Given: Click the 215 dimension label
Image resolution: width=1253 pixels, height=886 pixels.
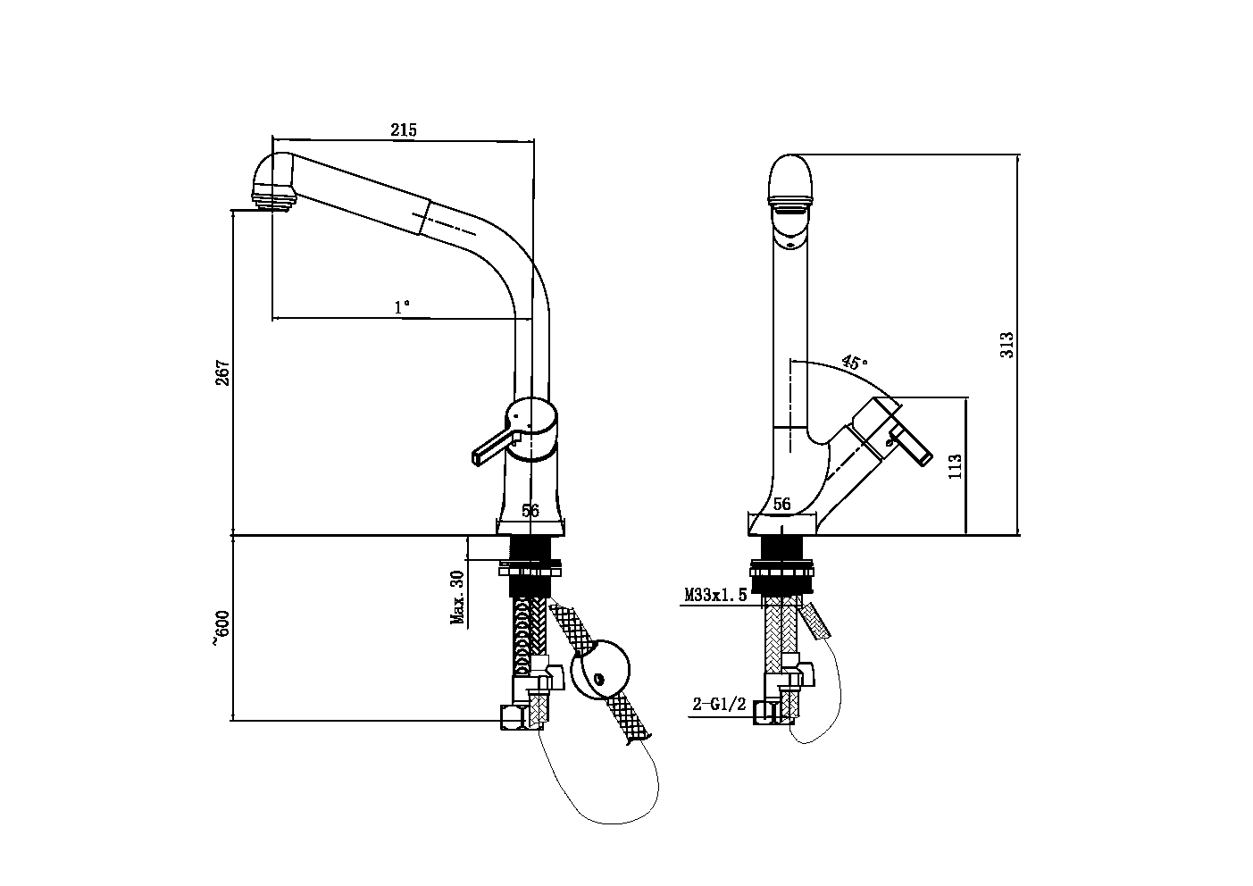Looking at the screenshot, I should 403,130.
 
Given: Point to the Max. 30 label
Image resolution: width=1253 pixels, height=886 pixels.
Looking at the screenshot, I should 457,598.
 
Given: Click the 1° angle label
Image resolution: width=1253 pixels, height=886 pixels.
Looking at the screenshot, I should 403,307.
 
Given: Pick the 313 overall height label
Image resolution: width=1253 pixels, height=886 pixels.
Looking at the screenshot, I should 1007,345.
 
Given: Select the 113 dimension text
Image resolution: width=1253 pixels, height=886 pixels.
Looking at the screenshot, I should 954,465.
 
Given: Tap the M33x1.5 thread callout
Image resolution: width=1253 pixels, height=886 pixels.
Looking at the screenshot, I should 714,595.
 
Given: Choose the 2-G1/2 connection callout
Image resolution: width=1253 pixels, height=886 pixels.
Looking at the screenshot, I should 718,705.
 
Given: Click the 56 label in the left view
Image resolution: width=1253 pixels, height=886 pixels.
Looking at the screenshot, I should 530,511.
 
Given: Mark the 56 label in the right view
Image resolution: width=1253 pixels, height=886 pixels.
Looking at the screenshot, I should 782,505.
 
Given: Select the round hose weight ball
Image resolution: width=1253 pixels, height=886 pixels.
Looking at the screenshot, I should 599,668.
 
